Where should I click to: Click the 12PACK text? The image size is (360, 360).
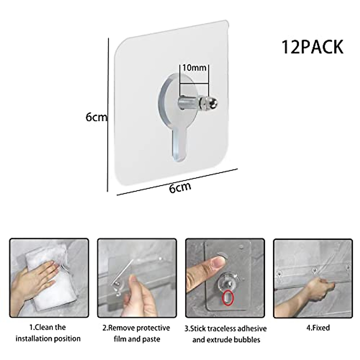(x=312, y=47)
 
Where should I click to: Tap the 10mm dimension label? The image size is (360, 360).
(x=194, y=68)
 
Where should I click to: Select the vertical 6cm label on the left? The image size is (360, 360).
(x=96, y=117)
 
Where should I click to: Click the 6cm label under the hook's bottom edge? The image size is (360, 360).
(x=180, y=188)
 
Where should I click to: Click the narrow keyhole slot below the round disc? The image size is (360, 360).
(x=179, y=144)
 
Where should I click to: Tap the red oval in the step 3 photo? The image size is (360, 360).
(x=227, y=298)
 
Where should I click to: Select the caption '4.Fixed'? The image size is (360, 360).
(x=318, y=328)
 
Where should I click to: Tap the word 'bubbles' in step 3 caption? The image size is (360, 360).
(x=245, y=340)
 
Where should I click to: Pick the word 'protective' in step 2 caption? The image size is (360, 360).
(x=154, y=328)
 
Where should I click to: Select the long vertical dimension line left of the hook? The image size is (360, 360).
(x=107, y=114)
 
